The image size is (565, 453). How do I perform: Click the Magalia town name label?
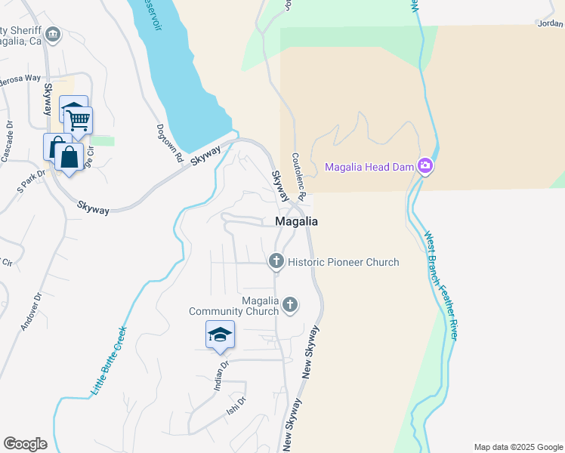click(295, 222)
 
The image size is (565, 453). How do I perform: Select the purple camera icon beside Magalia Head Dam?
click(425, 166)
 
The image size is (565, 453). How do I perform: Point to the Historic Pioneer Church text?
click(343, 262)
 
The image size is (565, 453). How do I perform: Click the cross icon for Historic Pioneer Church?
click(276, 261)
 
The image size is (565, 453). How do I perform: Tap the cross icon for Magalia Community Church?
click(290, 305)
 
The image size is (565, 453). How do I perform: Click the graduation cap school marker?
click(220, 335)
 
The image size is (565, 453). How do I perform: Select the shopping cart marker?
click(78, 121)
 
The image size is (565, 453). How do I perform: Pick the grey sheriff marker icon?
click(53, 34)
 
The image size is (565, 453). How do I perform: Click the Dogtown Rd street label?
click(170, 143)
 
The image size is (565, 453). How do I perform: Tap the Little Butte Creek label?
click(109, 362)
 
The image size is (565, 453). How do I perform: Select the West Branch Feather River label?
click(440, 285)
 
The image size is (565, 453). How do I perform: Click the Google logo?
click(25, 444)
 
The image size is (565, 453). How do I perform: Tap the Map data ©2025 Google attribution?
click(517, 447)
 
